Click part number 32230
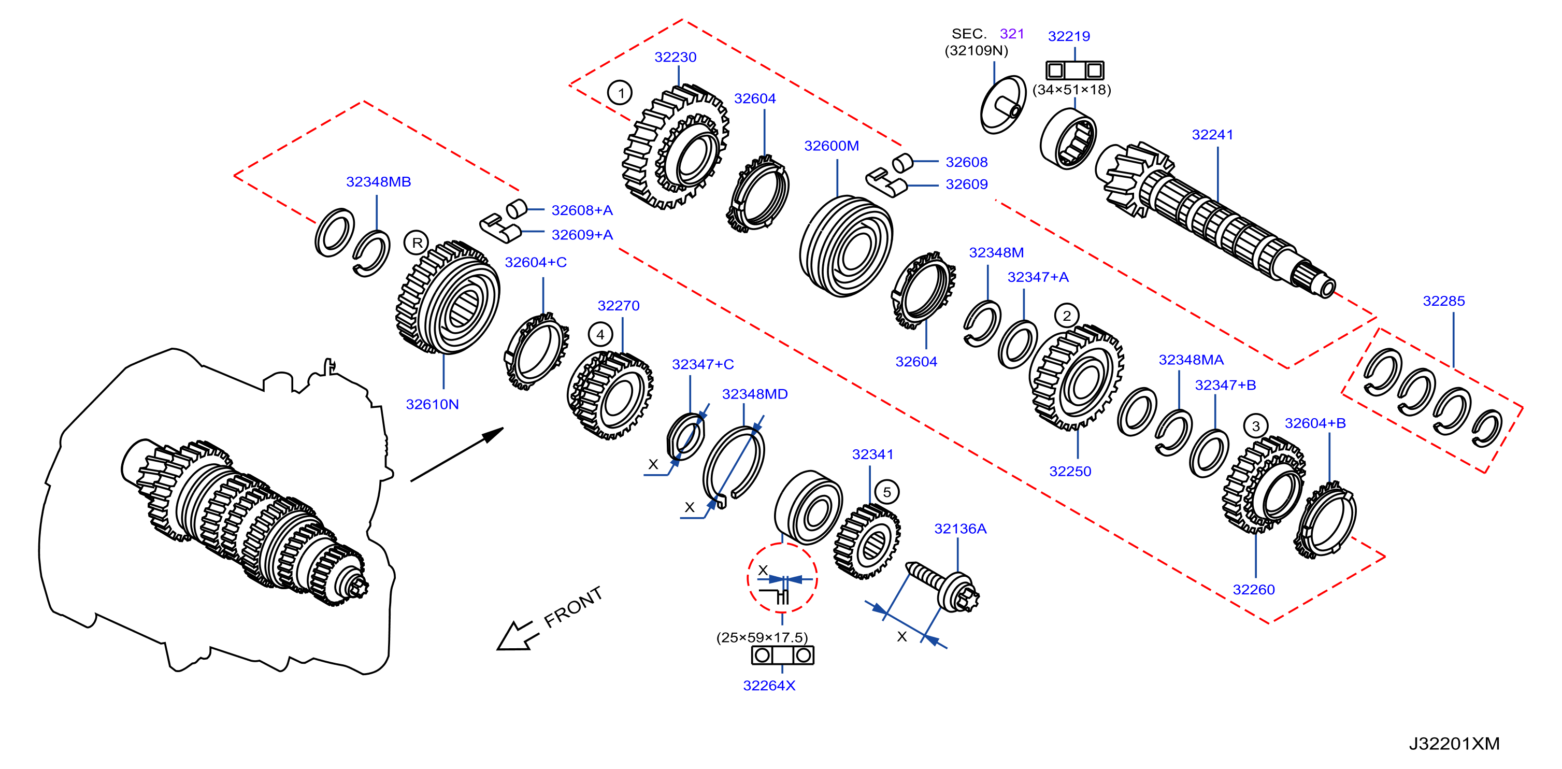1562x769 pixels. click(x=675, y=57)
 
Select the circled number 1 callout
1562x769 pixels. click(x=620, y=93)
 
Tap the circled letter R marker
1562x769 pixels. click(x=417, y=243)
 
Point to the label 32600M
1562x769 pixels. click(x=832, y=146)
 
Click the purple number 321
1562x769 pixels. click(x=1011, y=34)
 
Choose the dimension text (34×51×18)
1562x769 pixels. click(x=1071, y=90)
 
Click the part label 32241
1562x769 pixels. click(x=1212, y=135)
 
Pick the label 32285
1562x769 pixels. click(x=1443, y=301)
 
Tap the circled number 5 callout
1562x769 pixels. click(x=886, y=492)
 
